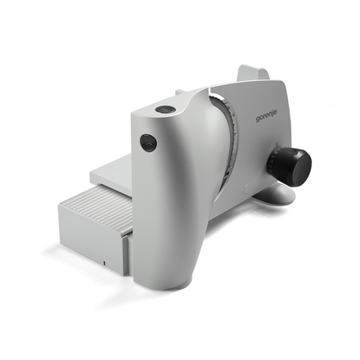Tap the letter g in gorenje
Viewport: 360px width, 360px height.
click(258, 119)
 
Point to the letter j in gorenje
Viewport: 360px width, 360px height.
click(272, 113)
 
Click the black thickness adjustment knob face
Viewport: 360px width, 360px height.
click(301, 166)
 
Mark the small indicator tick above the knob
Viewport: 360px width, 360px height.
click(277, 143)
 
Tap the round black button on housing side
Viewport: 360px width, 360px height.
click(149, 142)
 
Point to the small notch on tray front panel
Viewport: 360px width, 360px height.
click(104, 263)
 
